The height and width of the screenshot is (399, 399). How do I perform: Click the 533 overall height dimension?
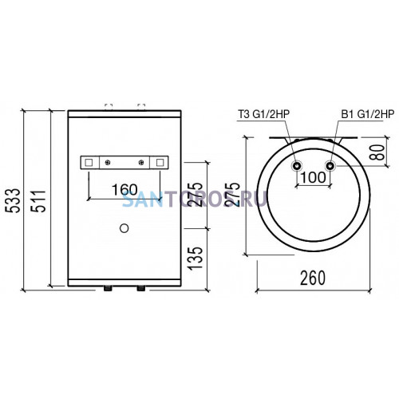(13, 200)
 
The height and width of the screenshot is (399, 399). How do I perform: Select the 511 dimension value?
(38, 201)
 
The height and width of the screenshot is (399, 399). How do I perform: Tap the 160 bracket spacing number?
(124, 190)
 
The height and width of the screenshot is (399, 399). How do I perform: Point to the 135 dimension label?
(196, 259)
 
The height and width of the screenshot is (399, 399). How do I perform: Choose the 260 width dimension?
(313, 279)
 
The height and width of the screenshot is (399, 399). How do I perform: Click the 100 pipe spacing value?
(313, 177)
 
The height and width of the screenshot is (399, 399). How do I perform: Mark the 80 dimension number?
(377, 152)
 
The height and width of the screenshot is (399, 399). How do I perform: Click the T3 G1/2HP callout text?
(263, 114)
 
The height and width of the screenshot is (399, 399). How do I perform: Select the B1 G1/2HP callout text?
(367, 114)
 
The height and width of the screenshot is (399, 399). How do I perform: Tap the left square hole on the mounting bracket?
(89, 162)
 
